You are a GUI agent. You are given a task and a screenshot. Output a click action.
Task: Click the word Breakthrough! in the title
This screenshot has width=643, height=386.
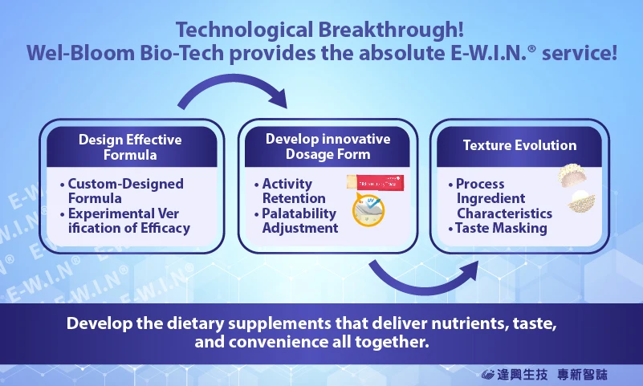tap(391, 30)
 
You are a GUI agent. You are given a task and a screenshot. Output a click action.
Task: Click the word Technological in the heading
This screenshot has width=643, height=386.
tap(244, 30)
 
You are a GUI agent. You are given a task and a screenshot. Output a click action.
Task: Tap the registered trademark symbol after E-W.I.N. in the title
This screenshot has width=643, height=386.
tap(532, 49)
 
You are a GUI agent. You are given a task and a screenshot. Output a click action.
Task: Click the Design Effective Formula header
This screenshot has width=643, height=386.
tap(130, 147)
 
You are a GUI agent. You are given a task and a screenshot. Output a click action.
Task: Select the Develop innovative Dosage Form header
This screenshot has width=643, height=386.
tap(328, 146)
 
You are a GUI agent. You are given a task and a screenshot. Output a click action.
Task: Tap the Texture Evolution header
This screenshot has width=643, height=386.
tap(519, 145)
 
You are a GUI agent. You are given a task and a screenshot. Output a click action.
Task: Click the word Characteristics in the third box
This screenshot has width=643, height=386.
tap(504, 213)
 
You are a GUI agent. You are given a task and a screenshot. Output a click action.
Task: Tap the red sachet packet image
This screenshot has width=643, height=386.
tap(375, 183)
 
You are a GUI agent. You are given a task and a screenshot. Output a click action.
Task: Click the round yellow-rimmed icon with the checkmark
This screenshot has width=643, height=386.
tap(368, 210)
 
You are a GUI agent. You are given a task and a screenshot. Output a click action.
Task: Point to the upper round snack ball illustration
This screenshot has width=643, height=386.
tap(572, 175)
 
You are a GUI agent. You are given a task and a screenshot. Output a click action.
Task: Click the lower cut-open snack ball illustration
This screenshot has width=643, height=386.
tap(581, 201)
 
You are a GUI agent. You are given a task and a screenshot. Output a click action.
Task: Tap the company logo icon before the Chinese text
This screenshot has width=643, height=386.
tap(487, 374)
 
